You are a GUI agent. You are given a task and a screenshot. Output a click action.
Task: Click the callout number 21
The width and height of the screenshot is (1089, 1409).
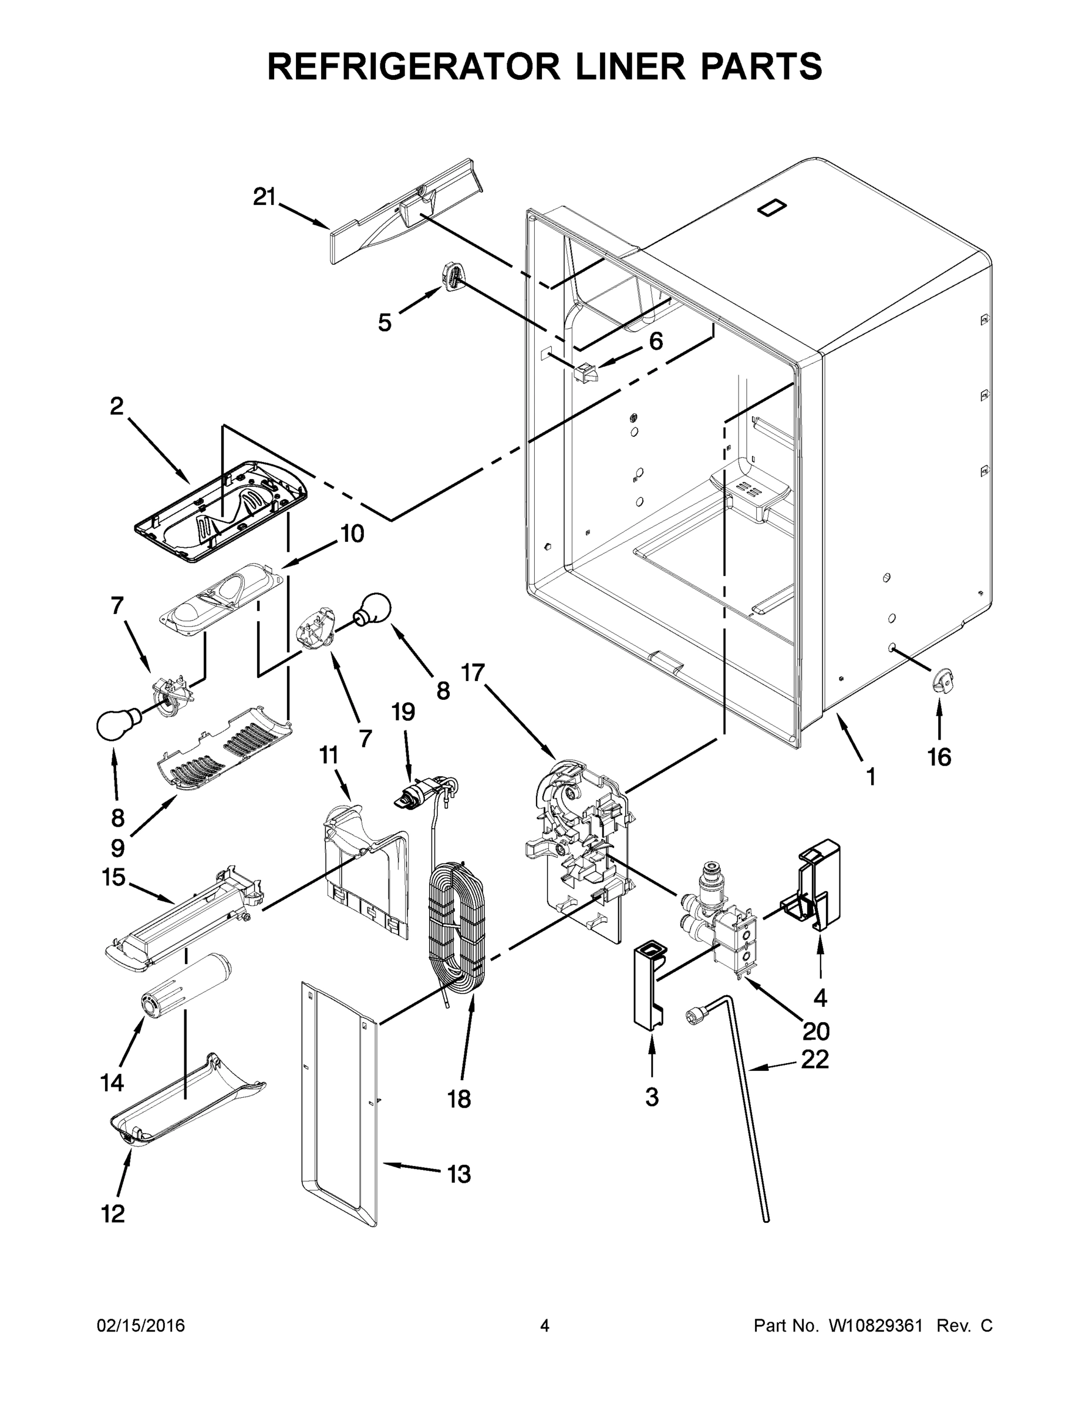tap(263, 197)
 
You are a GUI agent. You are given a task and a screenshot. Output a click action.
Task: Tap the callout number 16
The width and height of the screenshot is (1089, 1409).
tap(939, 757)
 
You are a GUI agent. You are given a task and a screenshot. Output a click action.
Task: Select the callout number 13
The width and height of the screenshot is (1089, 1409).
tap(458, 1174)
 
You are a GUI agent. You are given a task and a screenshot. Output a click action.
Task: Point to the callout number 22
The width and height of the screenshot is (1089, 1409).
tap(815, 1059)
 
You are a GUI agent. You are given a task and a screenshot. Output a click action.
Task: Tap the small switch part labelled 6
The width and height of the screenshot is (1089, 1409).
tap(585, 372)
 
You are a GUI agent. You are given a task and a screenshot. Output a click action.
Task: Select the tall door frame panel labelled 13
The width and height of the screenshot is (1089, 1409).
tap(339, 1103)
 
